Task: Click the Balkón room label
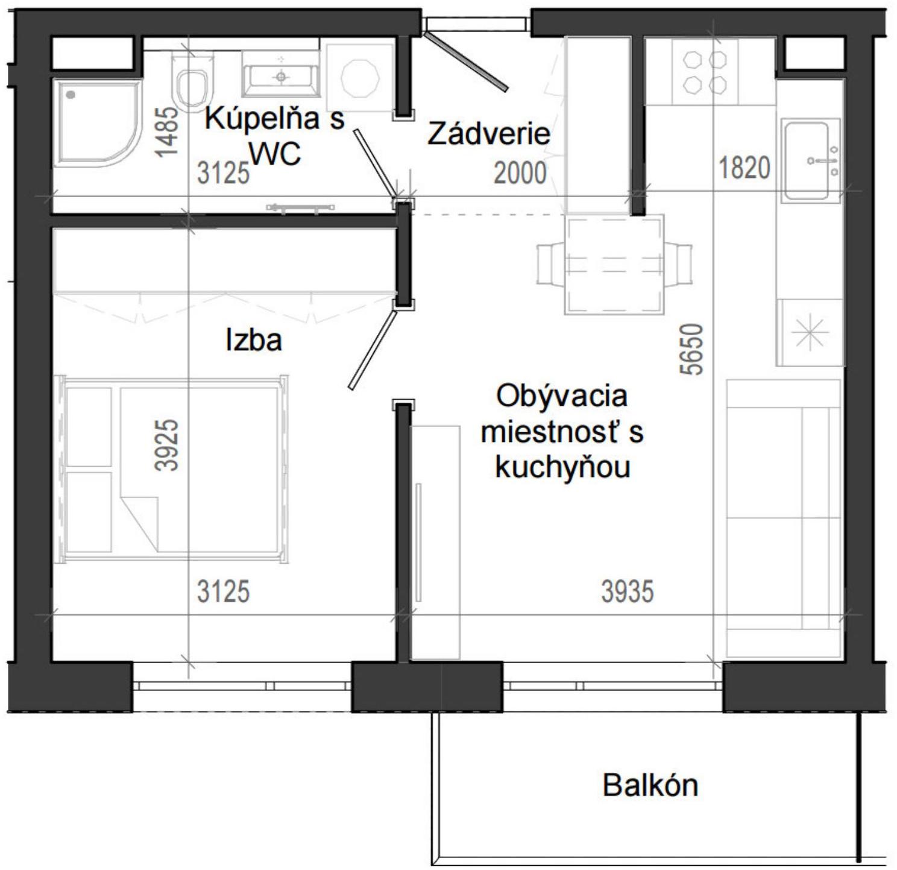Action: tap(650, 786)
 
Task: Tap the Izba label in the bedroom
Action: tap(254, 340)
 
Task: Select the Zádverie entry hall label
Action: tap(488, 134)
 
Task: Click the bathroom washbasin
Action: tap(280, 75)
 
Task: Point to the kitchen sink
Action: tap(811, 160)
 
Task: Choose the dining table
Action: tap(614, 265)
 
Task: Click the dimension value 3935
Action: tap(627, 591)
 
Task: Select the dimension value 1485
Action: tap(167, 132)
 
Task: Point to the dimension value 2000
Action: tap(520, 174)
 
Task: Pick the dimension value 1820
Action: tap(744, 167)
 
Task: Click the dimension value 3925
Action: tap(167, 445)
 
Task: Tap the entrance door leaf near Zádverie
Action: tap(467, 61)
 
